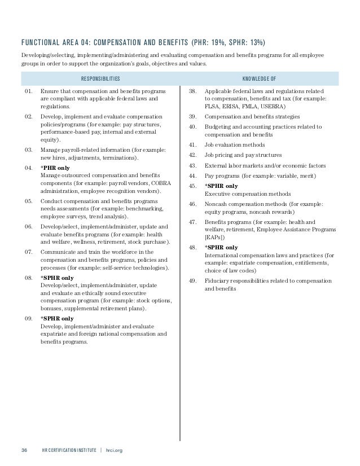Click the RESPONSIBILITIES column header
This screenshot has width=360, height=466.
(x=100, y=78)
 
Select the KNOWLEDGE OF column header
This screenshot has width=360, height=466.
(x=259, y=78)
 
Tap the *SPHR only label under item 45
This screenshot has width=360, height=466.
(x=221, y=185)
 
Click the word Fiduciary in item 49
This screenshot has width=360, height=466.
(x=218, y=281)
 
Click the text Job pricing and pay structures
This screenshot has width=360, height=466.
(x=243, y=155)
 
